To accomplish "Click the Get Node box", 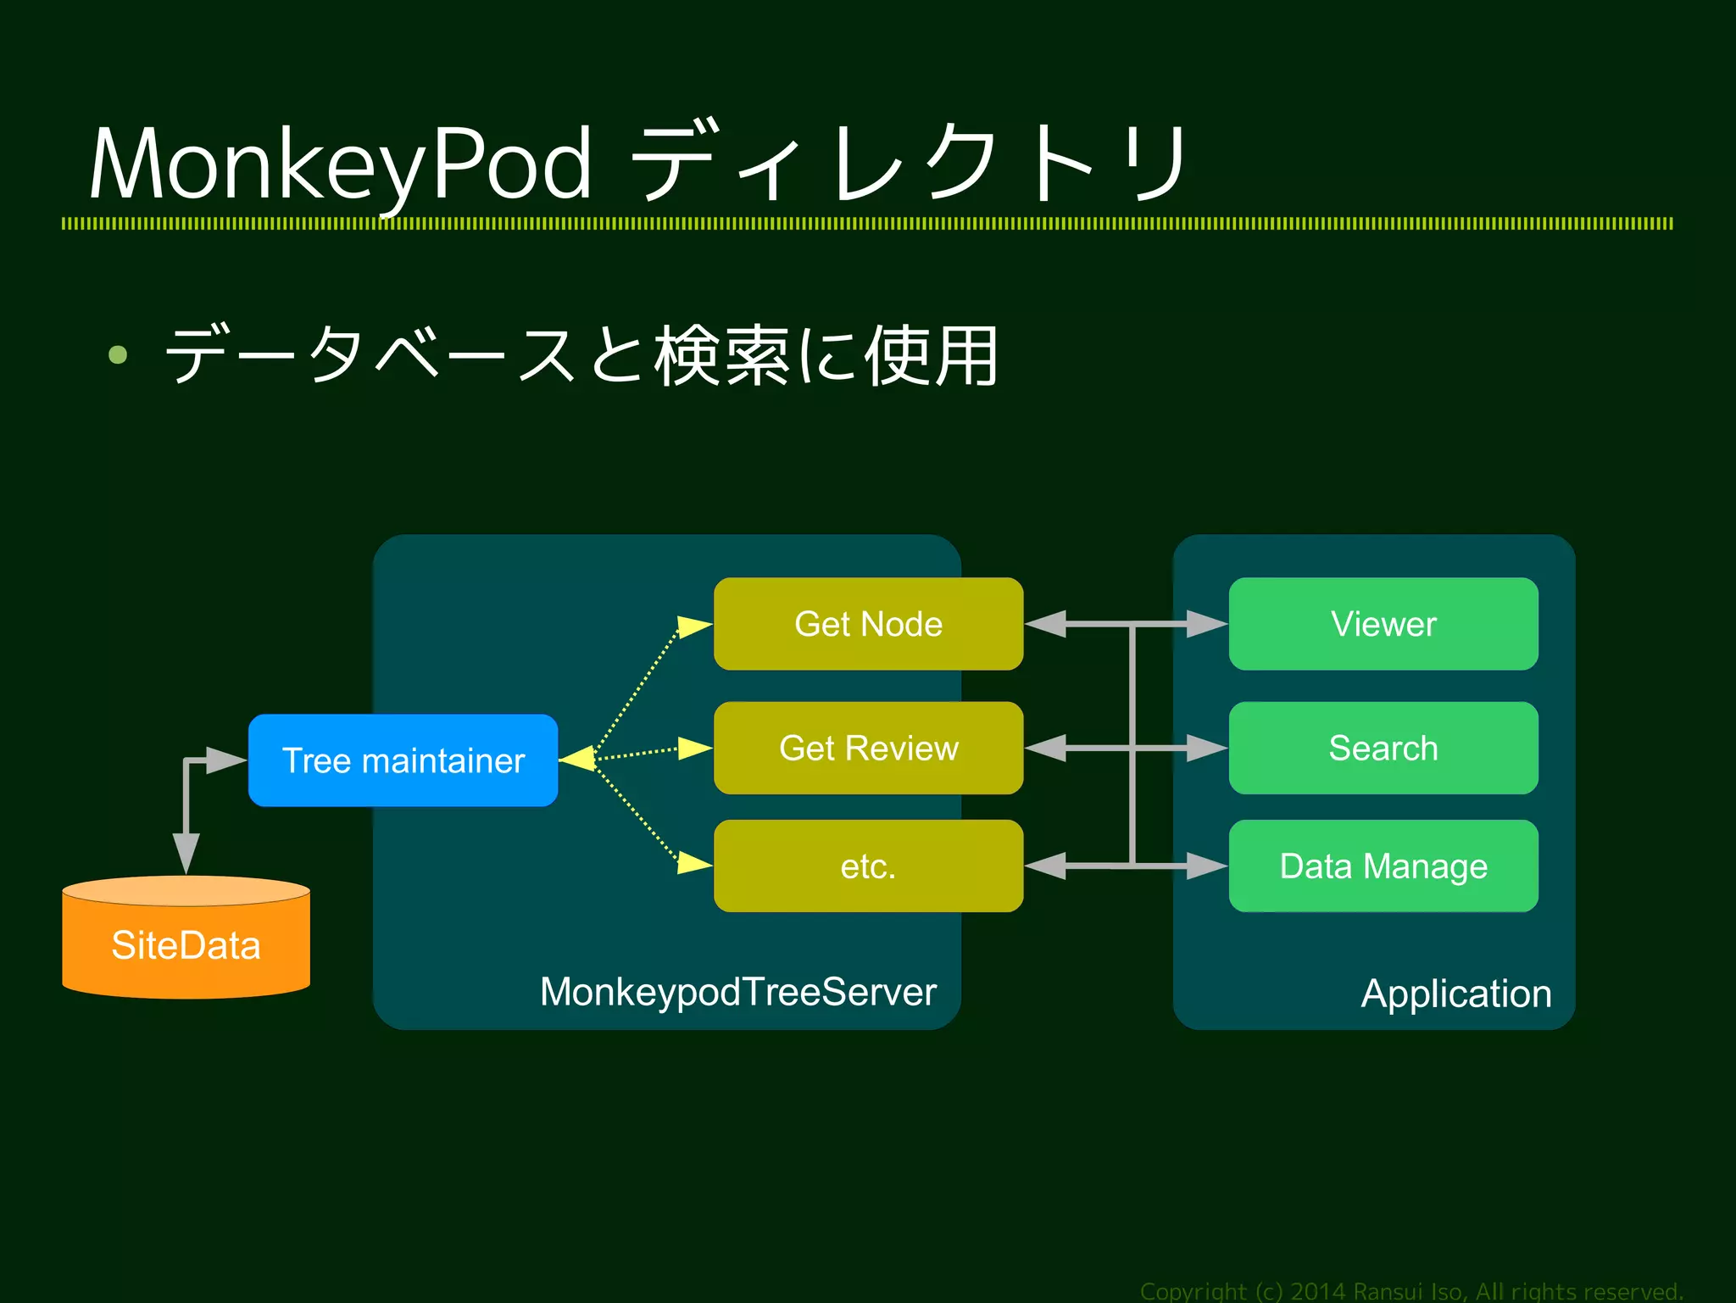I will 868,624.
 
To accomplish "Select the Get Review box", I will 868,748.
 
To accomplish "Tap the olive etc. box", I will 868,866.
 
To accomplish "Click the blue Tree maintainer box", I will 403,760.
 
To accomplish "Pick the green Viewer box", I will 1383,624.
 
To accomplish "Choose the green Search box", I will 1383,748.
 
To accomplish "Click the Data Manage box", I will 1383,866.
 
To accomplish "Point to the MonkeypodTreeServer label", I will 737,991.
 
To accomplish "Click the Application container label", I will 1455,993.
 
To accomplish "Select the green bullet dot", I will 118,354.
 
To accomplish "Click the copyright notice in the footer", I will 1410,1290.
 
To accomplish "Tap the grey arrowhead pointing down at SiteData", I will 186,852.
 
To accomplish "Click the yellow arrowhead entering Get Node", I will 695,626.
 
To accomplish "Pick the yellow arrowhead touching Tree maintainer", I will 578,759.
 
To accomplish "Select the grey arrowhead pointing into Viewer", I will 1206,624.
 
